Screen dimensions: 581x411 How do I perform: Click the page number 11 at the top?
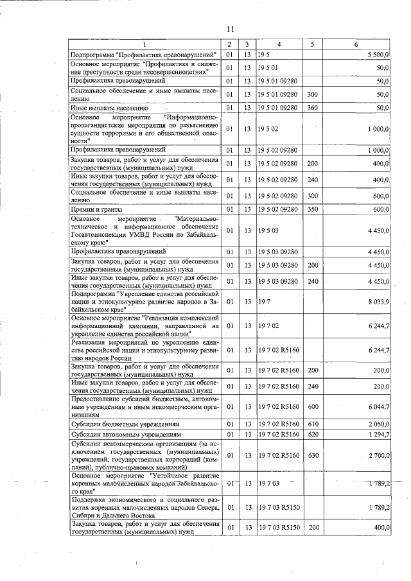point(231,29)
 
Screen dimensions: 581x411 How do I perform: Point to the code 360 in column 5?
point(313,108)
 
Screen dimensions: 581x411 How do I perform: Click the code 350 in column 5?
point(313,209)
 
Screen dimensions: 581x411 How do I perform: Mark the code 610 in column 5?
point(313,425)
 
